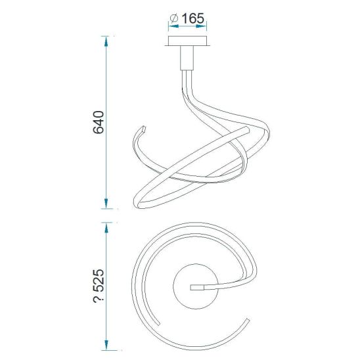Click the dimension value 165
pos(192,18)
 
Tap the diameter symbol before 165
pos(174,18)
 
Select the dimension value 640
pos(99,122)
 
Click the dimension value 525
pos(99,281)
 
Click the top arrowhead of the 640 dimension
pos(106,41)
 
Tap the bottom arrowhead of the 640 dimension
pos(106,204)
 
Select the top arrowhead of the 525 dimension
pos(106,228)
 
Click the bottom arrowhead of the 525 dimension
pos(106,345)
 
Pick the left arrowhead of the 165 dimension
pos(173,26)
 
